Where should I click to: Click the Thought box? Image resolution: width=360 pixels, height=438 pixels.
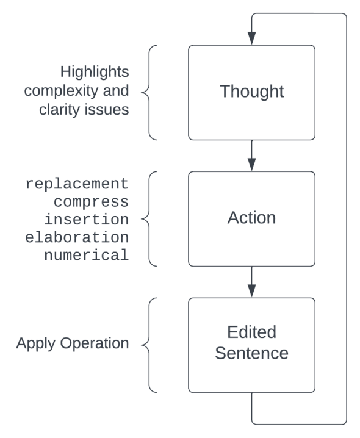click(251, 93)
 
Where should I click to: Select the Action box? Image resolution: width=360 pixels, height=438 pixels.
click(251, 218)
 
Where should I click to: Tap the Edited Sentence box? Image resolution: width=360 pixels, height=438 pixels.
click(251, 345)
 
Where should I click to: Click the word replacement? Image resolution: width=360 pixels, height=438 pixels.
click(77, 184)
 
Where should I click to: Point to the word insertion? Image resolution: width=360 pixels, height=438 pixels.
click(86, 219)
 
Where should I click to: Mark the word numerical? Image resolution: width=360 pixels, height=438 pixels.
click(86, 254)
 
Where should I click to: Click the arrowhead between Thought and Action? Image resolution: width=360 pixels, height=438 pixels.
click(251, 164)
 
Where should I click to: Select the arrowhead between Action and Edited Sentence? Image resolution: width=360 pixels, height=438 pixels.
click(251, 290)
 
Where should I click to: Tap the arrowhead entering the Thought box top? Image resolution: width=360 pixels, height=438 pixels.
click(251, 38)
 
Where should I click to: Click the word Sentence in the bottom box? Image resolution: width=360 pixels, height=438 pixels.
click(251, 353)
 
